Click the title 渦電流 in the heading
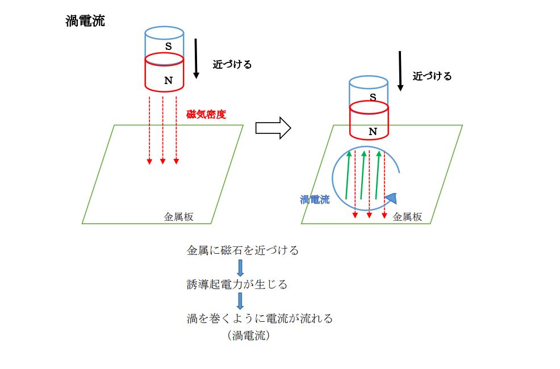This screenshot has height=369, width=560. (x=85, y=22)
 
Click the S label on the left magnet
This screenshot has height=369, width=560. (x=168, y=46)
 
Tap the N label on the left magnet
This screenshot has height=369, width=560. (x=168, y=80)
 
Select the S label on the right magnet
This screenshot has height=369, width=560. (x=373, y=97)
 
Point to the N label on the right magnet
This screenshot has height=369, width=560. (x=373, y=131)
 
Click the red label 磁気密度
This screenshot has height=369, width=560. (x=206, y=114)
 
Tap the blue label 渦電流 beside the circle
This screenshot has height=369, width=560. (x=315, y=200)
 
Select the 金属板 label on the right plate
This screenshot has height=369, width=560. (x=408, y=216)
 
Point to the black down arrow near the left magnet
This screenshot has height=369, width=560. (x=196, y=58)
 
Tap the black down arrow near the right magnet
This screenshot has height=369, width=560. (x=400, y=71)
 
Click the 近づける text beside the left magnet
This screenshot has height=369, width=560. (x=232, y=65)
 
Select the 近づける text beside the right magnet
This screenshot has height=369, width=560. (x=432, y=76)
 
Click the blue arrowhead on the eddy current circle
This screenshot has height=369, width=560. (x=391, y=198)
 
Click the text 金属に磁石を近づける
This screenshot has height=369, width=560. (x=243, y=250)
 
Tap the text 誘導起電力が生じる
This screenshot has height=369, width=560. (x=237, y=284)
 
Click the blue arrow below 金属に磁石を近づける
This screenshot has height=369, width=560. (x=240, y=267)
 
